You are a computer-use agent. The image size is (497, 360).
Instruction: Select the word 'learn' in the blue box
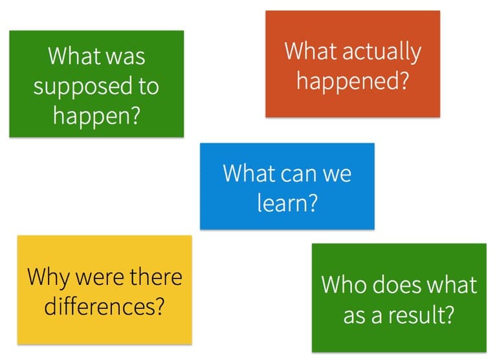tap(281, 203)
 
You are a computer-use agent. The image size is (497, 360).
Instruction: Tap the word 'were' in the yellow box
tap(99, 278)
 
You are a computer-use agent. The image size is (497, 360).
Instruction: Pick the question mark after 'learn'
tap(312, 203)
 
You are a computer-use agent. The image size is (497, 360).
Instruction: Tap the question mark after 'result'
tap(450, 314)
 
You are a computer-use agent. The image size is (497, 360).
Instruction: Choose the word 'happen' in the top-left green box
tap(91, 117)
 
